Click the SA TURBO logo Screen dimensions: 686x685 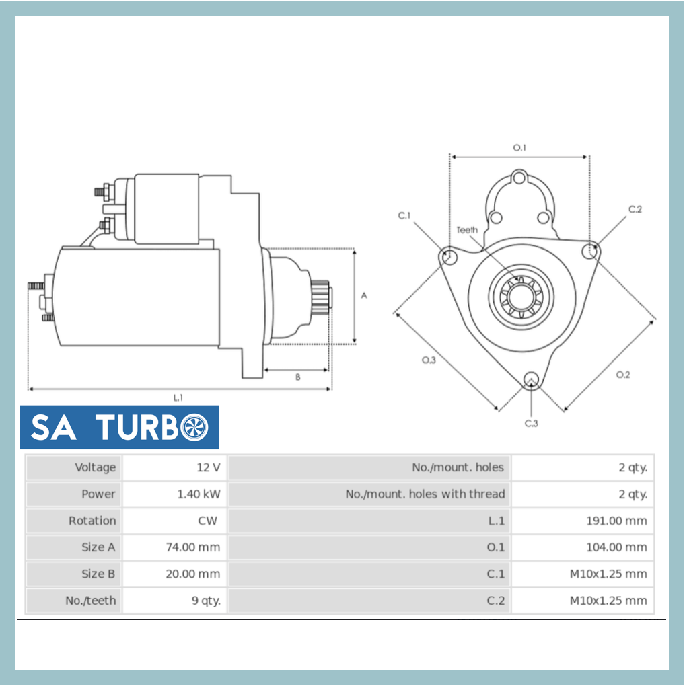(120, 427)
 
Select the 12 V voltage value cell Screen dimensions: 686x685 (175, 467)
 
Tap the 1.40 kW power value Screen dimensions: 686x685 (175, 494)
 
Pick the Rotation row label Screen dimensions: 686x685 (75, 521)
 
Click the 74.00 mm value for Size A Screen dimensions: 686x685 (175, 547)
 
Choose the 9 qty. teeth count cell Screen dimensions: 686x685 (175, 601)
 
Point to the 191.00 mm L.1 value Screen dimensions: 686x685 (583, 521)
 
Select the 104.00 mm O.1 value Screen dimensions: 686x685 (583, 547)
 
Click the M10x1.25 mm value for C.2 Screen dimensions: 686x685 (583, 601)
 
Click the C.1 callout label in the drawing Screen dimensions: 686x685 (404, 216)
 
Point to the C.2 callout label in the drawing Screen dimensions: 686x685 (635, 209)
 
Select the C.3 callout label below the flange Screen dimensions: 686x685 (532, 423)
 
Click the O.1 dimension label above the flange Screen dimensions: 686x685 (519, 147)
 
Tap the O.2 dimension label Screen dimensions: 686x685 (623, 375)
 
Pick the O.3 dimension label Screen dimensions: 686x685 (429, 360)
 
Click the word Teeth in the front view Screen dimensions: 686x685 (467, 230)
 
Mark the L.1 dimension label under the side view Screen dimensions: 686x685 (178, 398)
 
